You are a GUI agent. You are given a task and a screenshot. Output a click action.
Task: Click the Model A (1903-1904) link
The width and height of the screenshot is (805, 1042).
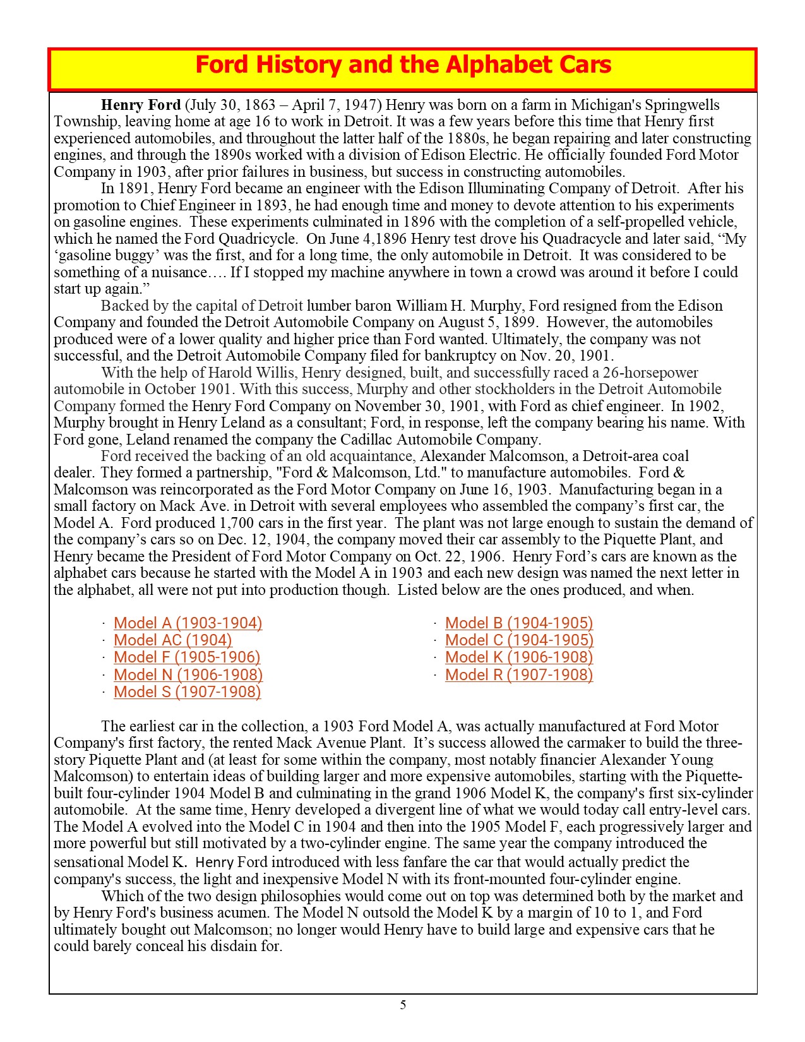pyautogui.click(x=188, y=623)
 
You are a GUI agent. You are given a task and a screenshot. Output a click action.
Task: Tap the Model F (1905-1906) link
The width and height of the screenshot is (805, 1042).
pyautogui.click(x=187, y=657)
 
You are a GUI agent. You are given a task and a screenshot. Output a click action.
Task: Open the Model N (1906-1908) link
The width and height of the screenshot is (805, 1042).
pyautogui.click(x=188, y=675)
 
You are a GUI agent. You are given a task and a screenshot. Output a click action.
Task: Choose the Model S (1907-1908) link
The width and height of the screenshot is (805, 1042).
pyautogui.click(x=187, y=692)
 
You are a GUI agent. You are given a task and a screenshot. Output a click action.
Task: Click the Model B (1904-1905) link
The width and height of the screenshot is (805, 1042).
pyautogui.click(x=519, y=623)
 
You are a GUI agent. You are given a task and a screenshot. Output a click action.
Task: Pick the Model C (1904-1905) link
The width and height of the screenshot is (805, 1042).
pyautogui.click(x=519, y=640)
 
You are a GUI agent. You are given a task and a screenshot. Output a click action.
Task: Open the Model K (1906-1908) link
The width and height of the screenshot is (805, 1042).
pyautogui.click(x=519, y=657)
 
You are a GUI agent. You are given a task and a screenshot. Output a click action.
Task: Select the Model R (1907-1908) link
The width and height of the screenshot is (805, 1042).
pyautogui.click(x=519, y=675)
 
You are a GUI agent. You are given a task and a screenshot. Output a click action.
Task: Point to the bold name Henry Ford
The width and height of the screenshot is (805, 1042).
pyautogui.click(x=141, y=105)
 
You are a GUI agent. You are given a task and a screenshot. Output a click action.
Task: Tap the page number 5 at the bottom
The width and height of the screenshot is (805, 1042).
pyautogui.click(x=403, y=1005)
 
